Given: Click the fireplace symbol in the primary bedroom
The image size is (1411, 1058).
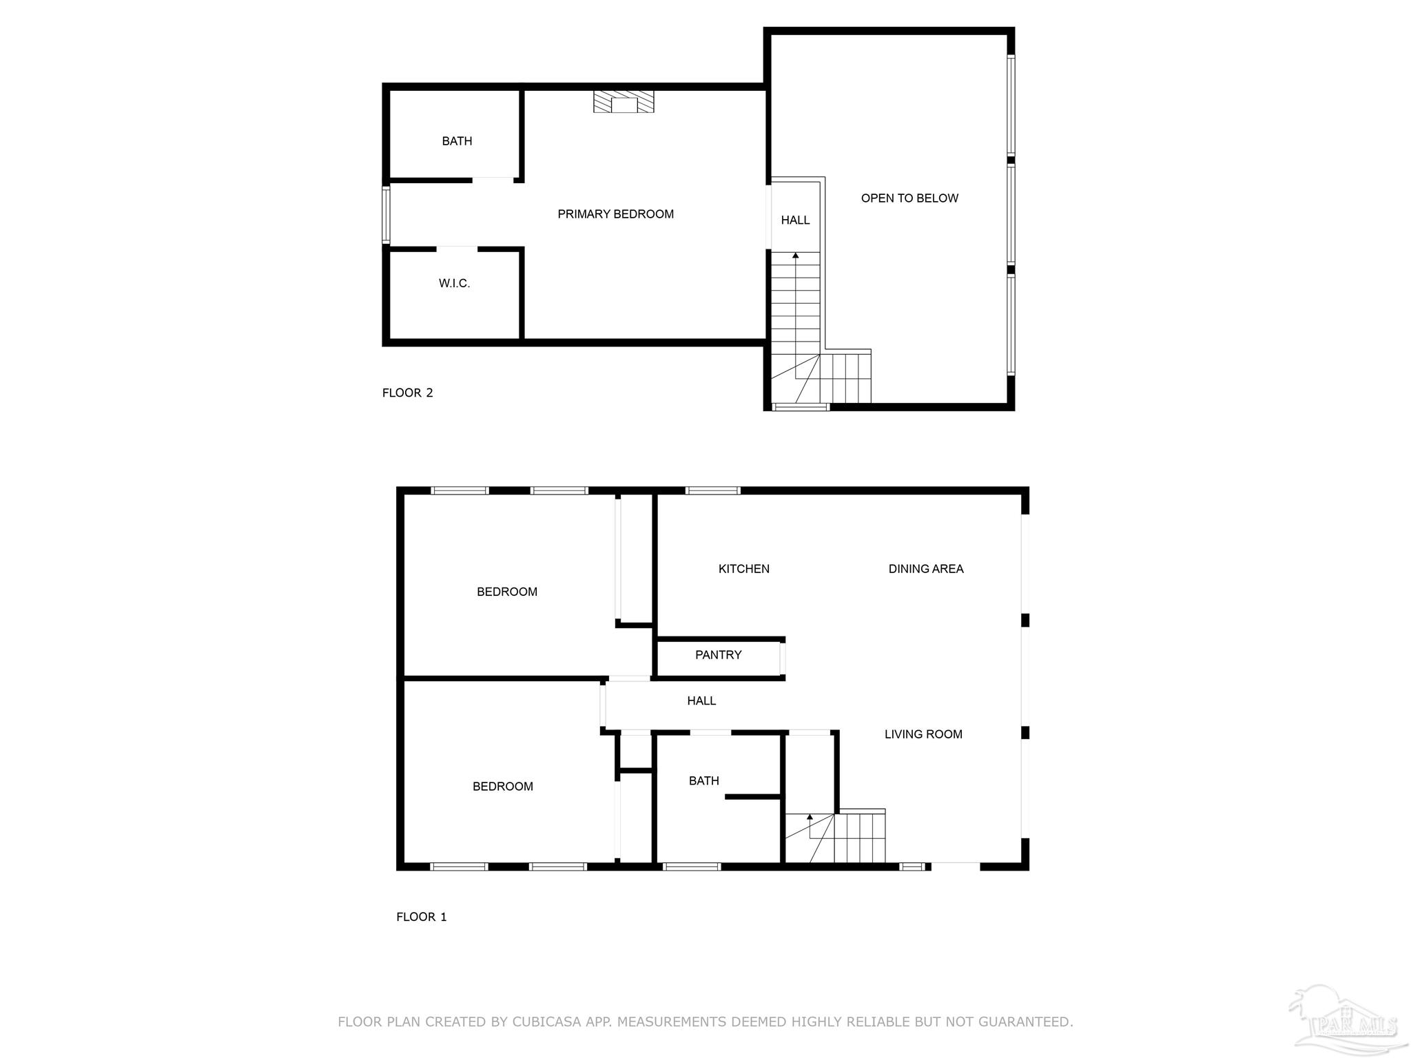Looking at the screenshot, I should pos(624,102).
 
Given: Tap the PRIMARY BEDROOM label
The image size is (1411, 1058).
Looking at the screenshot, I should pos(615,214).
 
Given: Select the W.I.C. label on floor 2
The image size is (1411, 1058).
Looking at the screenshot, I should pos(454,283).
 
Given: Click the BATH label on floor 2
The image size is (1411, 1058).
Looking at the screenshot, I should pos(457,141).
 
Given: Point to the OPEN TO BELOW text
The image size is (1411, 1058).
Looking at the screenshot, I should pos(909,198).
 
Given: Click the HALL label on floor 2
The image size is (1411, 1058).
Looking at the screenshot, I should pos(795,220).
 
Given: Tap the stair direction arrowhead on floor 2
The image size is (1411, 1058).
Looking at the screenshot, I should pos(796,256).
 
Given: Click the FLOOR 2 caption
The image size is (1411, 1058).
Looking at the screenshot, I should pos(407,393).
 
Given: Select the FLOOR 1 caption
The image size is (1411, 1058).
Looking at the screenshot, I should pos(421,917).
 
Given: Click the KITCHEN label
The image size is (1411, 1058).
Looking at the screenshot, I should pos(743,569).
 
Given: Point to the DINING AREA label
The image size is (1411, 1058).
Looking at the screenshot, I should pos(925,569).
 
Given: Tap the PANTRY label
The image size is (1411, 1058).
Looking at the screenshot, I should pos(718,655).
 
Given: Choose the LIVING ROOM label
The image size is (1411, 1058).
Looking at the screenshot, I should pos(923,734).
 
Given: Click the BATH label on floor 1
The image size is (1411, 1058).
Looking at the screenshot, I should pos(703,780).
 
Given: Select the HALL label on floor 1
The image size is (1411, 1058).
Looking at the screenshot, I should pos(701,701).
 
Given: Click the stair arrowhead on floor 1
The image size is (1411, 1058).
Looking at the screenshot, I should pos(810,817).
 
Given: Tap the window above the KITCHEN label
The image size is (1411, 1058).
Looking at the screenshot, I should pos(712,490).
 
